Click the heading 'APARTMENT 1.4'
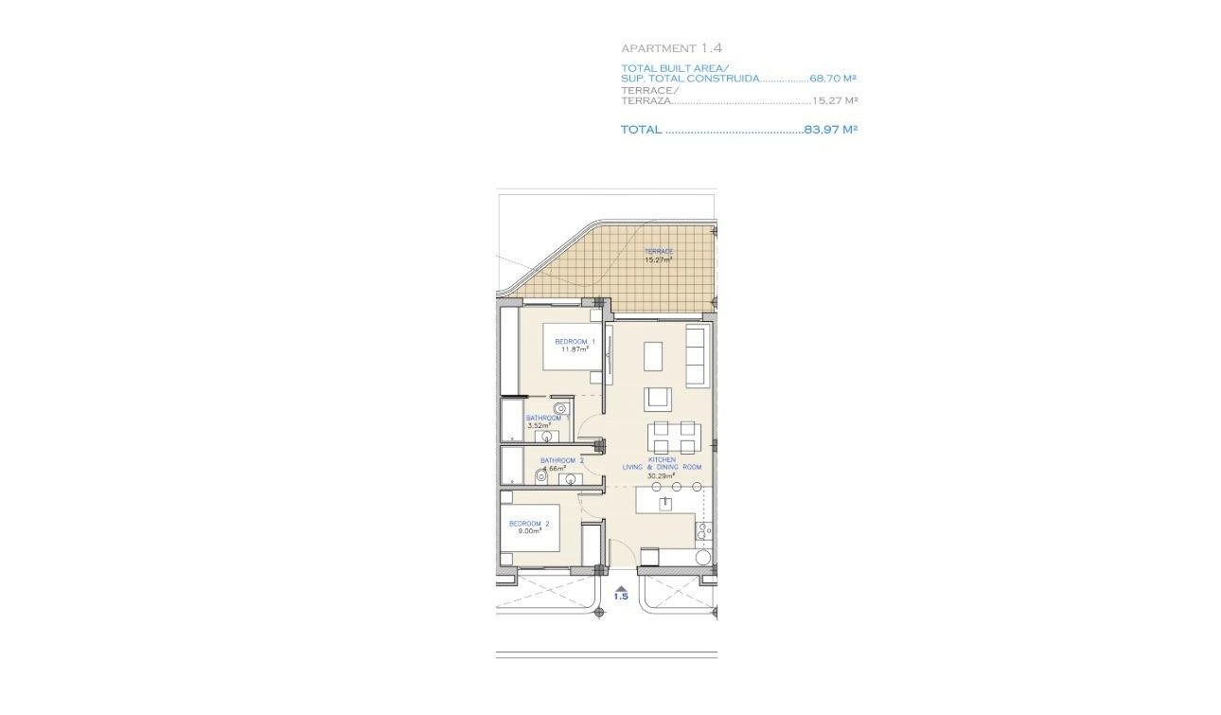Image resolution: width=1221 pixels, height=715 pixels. [672, 47]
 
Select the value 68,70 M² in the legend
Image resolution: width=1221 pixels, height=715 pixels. [833, 79]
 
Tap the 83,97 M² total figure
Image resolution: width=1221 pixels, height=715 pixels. [830, 130]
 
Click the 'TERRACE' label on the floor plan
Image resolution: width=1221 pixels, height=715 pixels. [658, 251]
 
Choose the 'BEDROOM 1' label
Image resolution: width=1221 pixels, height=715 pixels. [575, 341]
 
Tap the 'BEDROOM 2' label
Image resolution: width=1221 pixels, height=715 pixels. [528, 524]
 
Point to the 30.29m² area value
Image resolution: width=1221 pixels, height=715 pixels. [661, 476]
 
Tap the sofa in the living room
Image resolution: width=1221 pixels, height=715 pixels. [697, 357]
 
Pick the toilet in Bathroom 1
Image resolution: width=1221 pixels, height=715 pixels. [559, 409]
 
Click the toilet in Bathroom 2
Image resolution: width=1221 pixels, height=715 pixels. [541, 477]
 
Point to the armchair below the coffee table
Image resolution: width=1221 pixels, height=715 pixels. [659, 399]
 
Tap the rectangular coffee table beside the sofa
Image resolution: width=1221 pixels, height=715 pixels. [654, 356]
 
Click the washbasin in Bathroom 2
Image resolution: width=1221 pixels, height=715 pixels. [571, 479]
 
